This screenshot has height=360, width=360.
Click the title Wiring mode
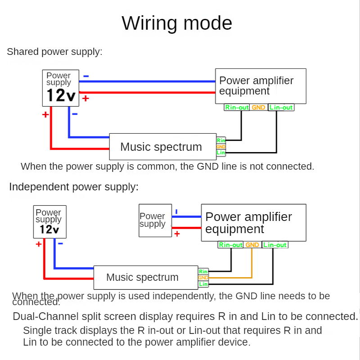coord(177,23)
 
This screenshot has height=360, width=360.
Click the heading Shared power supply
coord(54,52)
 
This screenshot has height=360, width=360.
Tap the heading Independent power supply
coord(74,187)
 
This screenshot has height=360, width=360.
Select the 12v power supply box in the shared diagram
coord(61,88)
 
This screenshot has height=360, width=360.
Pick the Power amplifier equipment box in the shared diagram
coord(261,86)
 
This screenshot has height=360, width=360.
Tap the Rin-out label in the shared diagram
coord(237,108)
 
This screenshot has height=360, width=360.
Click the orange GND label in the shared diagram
coord(258,108)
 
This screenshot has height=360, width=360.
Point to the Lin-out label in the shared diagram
coord(281,108)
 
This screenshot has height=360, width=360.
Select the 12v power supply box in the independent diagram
coord(49,222)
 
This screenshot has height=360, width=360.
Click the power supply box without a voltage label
coord(155,220)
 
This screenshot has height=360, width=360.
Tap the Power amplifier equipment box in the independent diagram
coord(253,222)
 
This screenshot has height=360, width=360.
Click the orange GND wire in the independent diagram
coord(252,265)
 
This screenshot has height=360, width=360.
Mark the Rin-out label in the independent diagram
coord(230,245)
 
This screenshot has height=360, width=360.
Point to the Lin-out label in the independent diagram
coord(274,245)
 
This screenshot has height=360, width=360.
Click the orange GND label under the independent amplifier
coord(252,245)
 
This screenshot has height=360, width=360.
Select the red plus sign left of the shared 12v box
coord(45,115)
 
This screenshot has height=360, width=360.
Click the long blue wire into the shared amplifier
coord(148,81)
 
